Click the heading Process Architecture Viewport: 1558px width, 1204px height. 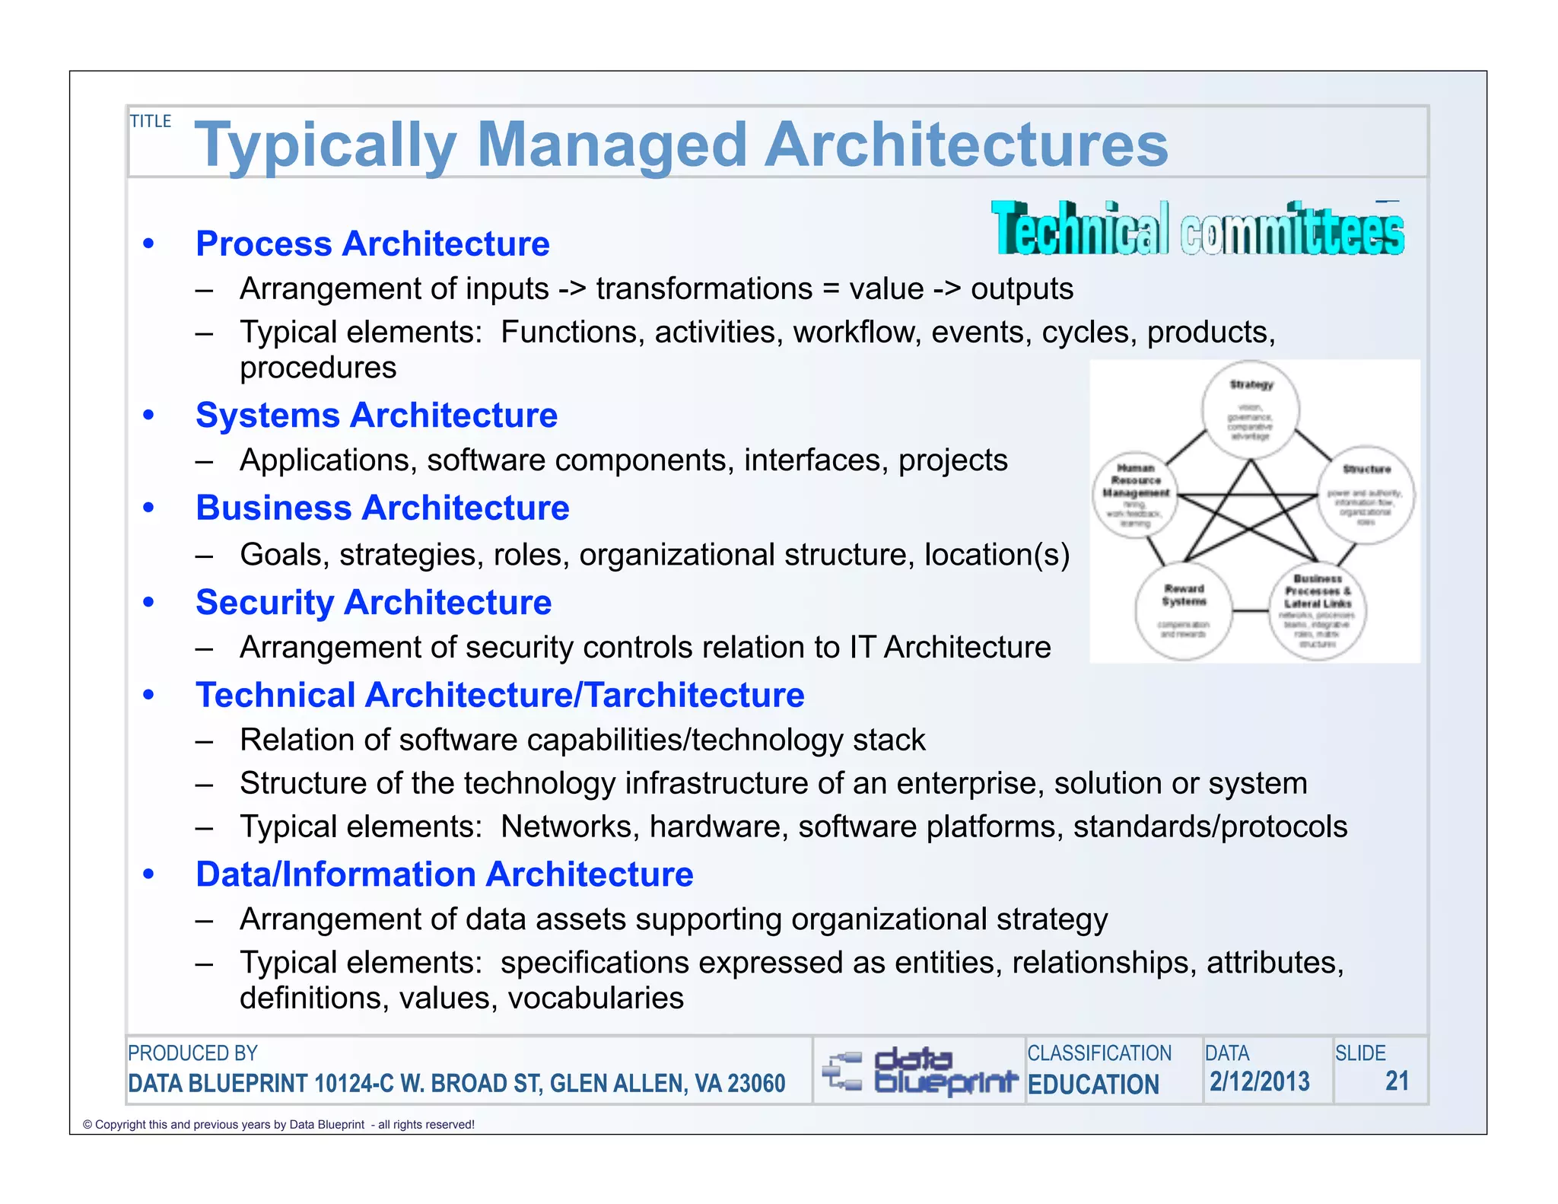(372, 244)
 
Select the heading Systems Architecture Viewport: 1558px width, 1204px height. (376, 416)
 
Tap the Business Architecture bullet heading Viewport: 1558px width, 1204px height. (382, 508)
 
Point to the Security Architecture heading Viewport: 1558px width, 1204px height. (373, 602)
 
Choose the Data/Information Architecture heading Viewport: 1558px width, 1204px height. (444, 874)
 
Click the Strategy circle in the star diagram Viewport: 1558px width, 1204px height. (1250, 410)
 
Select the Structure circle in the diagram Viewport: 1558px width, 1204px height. (1366, 494)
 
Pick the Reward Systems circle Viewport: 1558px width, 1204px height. (1183, 610)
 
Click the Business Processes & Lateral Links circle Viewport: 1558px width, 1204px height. (1318, 610)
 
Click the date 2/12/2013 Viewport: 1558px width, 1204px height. (1259, 1081)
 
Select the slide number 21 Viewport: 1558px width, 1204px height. (1396, 1081)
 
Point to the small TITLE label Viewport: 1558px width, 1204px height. (151, 122)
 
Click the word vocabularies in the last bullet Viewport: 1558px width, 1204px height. (596, 999)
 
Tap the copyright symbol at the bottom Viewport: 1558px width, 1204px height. (87, 1125)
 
